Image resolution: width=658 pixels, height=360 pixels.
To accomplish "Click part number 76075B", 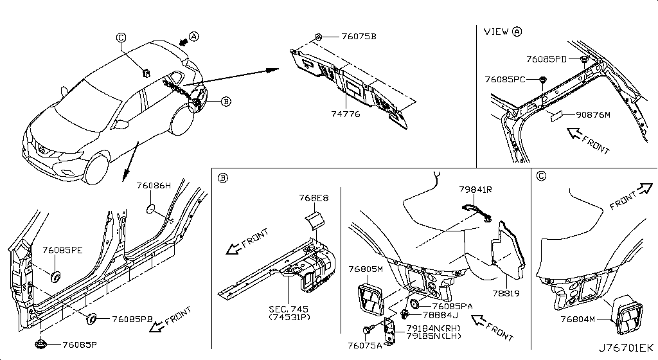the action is click(x=359, y=37).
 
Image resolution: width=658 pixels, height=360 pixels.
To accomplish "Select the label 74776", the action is click(x=345, y=114).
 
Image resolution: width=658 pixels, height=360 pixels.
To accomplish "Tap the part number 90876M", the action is click(x=593, y=114).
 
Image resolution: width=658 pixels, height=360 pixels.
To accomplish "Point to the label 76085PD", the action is click(x=546, y=59).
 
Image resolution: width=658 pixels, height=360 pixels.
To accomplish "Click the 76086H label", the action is click(x=154, y=185).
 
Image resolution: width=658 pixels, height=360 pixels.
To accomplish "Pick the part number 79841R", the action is click(x=475, y=190).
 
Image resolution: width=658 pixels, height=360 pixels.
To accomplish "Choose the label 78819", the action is click(x=506, y=293).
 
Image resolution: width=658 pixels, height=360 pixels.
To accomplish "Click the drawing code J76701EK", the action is click(x=626, y=348).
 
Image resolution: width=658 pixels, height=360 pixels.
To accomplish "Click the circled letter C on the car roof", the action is click(x=121, y=38).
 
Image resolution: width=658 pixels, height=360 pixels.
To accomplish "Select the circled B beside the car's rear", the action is click(x=226, y=101).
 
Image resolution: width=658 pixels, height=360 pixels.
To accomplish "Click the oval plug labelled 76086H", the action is click(x=150, y=208).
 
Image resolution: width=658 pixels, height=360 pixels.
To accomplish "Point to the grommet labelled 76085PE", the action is click(x=55, y=276).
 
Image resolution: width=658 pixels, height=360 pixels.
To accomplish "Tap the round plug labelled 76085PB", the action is click(x=91, y=319).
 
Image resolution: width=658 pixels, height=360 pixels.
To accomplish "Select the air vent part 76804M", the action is click(x=627, y=315).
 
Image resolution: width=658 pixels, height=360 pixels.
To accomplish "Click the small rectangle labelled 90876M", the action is click(x=558, y=116).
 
